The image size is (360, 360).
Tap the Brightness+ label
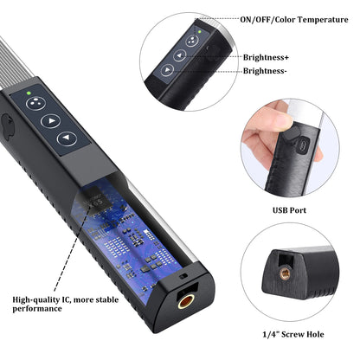266,57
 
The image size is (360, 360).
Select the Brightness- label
264,71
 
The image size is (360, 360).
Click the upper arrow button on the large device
55,122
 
